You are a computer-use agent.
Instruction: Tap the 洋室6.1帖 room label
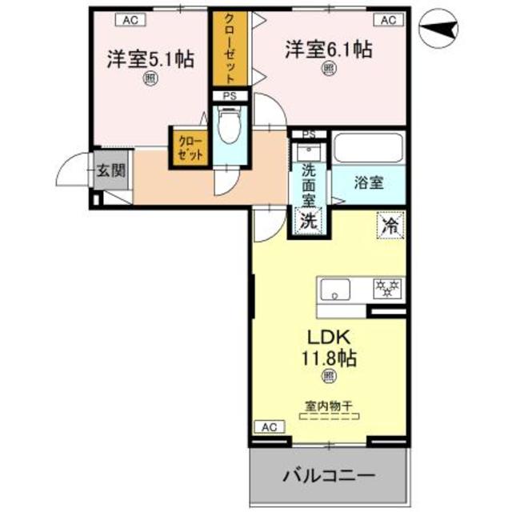coord(328,50)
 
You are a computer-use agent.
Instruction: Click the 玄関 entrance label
coord(110,170)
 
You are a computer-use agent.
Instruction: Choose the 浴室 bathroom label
coord(369,182)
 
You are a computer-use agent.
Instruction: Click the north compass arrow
coord(439,31)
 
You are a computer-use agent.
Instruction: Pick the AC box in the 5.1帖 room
coord(129,19)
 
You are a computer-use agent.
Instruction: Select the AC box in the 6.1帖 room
coord(388,19)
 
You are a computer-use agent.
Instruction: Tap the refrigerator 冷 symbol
coord(391,224)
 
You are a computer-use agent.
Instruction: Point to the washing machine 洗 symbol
coord(308,221)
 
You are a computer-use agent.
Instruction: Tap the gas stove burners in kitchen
coord(390,286)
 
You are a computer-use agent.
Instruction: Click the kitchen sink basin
coord(334,287)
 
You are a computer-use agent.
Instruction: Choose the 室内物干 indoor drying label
coord(329,406)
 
